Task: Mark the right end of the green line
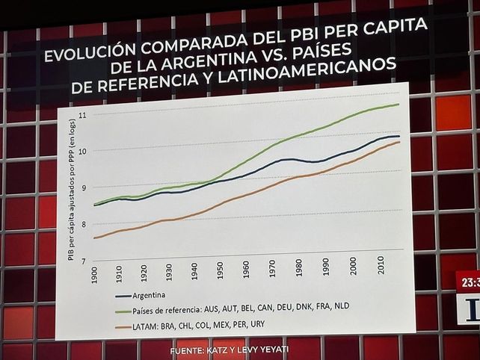click(399, 105)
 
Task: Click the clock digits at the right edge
click(470, 284)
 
